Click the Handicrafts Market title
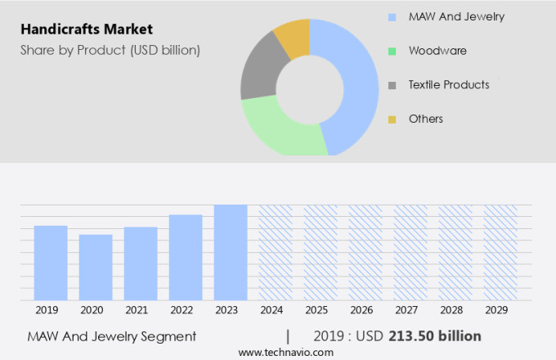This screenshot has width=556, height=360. coord(87,29)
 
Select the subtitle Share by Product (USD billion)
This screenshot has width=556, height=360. coord(110,50)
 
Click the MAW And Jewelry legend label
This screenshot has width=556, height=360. coord(456,16)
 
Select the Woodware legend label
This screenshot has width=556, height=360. coord(437,51)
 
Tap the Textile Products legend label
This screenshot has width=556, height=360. coord(449,84)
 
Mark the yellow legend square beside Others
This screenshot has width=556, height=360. coord(392,119)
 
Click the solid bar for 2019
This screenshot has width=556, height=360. coord(51,263)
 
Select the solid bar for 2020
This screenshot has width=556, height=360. coord(96,268)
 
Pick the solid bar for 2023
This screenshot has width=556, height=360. coord(231,253)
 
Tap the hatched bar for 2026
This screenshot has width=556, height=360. coord(365,253)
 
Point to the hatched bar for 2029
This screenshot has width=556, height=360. coord(500,253)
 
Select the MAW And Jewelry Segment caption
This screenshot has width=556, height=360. coord(112,336)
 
